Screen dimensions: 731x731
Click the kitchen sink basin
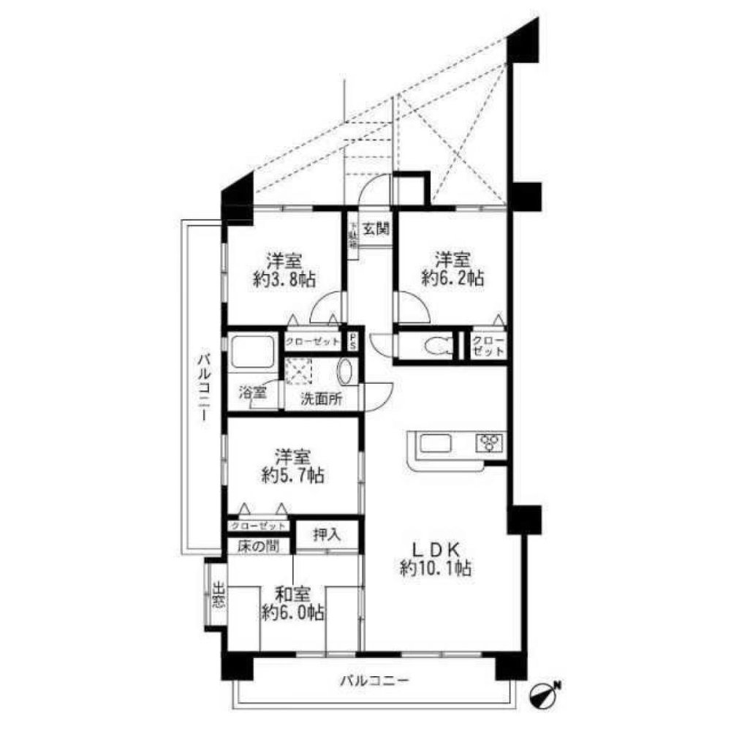[x=436, y=443]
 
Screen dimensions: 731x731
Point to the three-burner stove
[x=490, y=442]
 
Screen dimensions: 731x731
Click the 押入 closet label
[x=327, y=534]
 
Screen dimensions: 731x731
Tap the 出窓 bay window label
[x=218, y=594]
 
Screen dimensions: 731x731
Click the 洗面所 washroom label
[x=322, y=400]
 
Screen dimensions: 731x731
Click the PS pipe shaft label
[x=353, y=341]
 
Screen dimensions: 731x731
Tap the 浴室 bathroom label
[x=253, y=392]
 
